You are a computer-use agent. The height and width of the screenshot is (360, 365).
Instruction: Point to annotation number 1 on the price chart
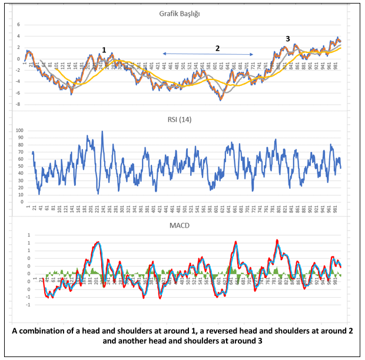[104, 51]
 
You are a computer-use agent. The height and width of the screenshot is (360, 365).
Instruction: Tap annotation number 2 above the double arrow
[217, 49]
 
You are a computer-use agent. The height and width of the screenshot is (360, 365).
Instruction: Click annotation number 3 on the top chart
[288, 39]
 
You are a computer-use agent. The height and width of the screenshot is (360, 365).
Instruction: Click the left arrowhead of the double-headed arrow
[165, 54]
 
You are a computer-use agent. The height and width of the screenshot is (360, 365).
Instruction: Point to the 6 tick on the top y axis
[18, 25]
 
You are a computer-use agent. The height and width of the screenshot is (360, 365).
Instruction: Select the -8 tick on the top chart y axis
[18, 104]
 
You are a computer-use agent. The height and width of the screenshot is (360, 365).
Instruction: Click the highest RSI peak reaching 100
[102, 132]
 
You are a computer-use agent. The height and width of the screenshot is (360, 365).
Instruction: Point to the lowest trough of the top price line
[221, 100]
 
